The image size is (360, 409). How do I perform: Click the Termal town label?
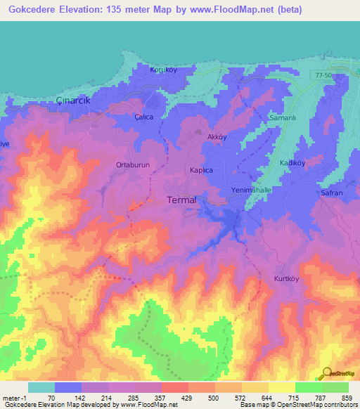coord(181,200)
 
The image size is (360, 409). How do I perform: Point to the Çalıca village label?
coord(144,119)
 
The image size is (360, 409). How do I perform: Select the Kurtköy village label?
coord(287,279)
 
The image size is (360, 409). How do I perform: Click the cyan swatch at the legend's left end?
coord(41,387)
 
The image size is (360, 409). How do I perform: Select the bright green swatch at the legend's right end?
coord(335,387)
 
